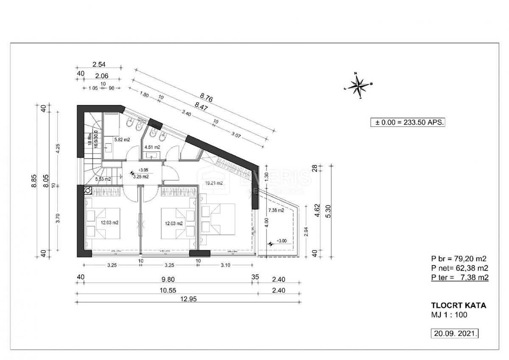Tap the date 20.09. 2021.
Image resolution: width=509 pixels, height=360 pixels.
coord(455,333)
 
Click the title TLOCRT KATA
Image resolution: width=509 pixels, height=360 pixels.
coord(458,305)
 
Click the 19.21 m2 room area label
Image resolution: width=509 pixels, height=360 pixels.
coord(213,183)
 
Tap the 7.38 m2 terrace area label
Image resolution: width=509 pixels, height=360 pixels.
coord(276,210)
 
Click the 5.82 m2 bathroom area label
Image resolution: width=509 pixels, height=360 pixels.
coord(122,139)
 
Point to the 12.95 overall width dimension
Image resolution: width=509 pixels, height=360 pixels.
coord(187,298)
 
